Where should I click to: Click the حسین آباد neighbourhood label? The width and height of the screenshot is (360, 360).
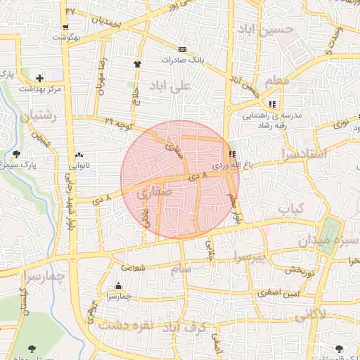pos(264,30)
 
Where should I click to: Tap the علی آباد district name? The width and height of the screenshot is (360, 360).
pos(171,86)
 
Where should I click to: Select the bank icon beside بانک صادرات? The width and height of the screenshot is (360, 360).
pos(182,49)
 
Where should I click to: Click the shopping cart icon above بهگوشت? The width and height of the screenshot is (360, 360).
pos(65,26)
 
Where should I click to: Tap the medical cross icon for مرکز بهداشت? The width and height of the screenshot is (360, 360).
pos(39,78)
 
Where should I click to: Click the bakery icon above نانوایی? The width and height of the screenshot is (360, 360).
pos(78,155)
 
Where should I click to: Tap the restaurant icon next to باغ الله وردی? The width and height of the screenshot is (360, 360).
pos(232,154)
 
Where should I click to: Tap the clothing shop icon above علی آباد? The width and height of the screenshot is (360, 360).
pos(137,64)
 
